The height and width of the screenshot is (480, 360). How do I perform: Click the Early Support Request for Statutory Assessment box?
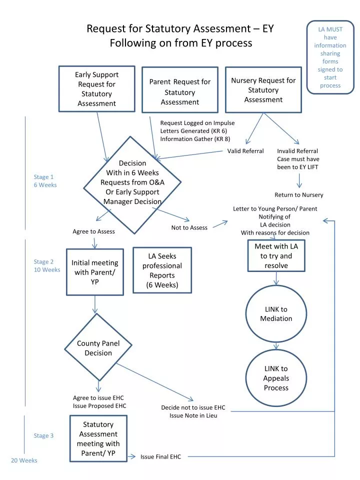(x=96, y=89)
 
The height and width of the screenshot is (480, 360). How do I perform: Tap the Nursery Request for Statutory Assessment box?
(x=263, y=90)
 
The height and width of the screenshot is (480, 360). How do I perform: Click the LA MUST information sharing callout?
(x=330, y=57)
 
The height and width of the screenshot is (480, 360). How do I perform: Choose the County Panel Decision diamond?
(x=98, y=348)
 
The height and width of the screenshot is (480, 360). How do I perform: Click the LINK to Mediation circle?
(x=276, y=314)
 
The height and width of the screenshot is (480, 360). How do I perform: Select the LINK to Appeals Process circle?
(x=276, y=378)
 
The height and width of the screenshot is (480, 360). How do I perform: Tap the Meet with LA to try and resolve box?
(x=276, y=255)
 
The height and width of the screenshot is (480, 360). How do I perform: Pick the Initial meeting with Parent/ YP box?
(x=95, y=272)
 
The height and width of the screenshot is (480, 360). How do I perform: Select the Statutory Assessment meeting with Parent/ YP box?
(x=98, y=438)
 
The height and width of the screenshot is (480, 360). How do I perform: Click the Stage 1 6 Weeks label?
(x=45, y=180)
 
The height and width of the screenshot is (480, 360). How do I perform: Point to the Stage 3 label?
(x=43, y=435)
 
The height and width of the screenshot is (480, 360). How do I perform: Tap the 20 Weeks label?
(x=24, y=460)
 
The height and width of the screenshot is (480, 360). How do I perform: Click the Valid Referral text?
(x=245, y=151)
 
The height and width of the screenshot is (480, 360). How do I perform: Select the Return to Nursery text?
(x=298, y=195)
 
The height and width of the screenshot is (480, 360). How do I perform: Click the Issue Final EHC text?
(x=160, y=456)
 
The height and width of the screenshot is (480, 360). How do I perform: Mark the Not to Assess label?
(x=189, y=227)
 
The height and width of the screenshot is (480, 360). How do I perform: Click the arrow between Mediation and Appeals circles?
(x=276, y=345)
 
